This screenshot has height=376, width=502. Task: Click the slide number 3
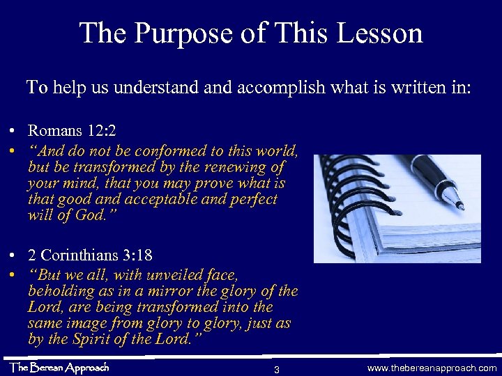point(277,368)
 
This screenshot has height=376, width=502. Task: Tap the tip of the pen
point(461,206)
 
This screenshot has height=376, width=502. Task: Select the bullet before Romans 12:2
point(14,131)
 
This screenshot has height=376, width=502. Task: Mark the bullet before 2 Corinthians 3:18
point(14,256)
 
